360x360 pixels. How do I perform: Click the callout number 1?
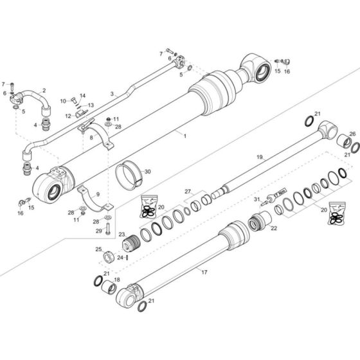pos(184,136)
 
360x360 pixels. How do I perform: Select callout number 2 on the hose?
pos(44,90)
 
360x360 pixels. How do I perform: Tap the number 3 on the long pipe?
pos(113,94)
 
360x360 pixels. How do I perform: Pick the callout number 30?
pos(147,172)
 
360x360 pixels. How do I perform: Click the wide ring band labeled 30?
pos(129,175)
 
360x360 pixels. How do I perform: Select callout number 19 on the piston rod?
pos(260,156)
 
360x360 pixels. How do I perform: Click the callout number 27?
pos(188,191)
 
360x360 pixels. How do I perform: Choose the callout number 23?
pos(121,235)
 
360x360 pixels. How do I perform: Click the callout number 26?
pos(352,134)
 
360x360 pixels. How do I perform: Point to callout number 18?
pos(116,280)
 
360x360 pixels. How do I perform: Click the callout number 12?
pos(67,116)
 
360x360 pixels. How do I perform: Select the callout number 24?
pos(120,257)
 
